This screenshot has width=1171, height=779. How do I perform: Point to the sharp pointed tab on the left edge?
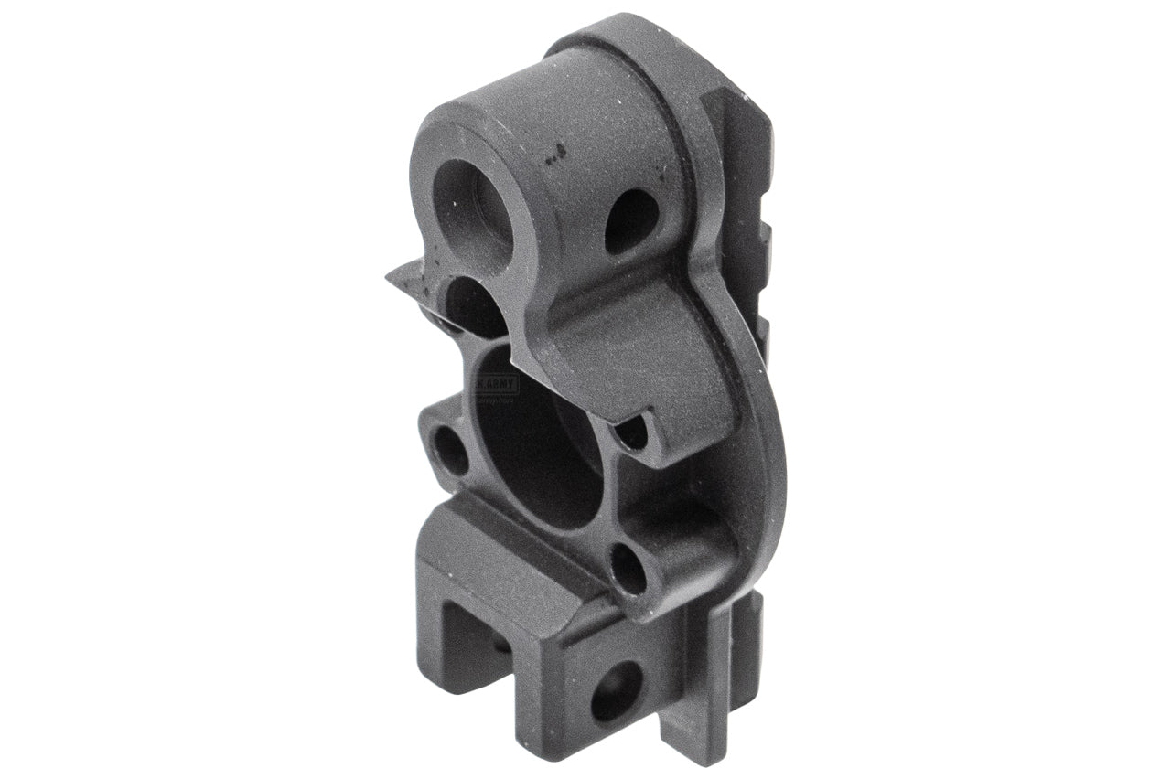pyautogui.click(x=403, y=279)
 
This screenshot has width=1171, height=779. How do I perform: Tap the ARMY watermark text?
pyautogui.click(x=499, y=385)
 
